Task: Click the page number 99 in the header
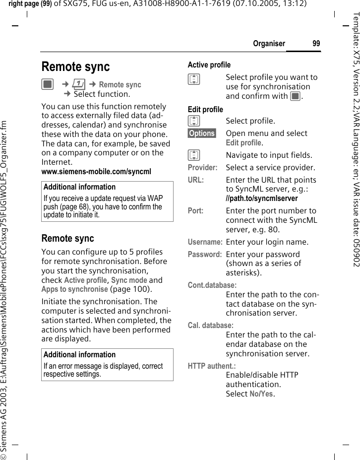316,44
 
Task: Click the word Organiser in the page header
269,44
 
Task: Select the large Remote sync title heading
75,66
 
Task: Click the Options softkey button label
202,133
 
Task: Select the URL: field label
195,180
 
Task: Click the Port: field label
195,211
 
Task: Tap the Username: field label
205,242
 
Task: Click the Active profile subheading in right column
209,65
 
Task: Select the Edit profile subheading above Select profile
205,109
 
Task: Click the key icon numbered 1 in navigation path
79,85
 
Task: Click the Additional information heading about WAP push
79,187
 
